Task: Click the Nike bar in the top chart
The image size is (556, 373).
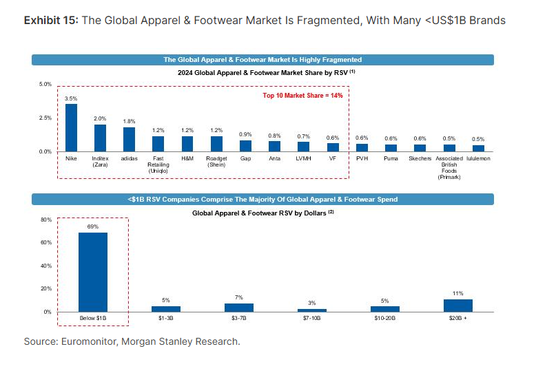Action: click(x=71, y=127)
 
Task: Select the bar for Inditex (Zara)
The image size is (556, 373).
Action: click(x=100, y=138)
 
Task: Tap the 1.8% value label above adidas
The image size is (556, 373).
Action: click(x=129, y=121)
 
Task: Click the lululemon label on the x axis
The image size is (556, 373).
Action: click(x=478, y=159)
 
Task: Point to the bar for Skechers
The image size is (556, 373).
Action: click(x=420, y=147)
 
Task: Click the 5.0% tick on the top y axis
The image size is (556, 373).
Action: click(x=45, y=84)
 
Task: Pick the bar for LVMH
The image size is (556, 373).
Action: click(x=303, y=147)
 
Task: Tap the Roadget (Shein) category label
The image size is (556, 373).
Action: click(x=216, y=162)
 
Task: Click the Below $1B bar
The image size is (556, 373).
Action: click(x=92, y=272)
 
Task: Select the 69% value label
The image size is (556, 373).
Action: click(x=92, y=226)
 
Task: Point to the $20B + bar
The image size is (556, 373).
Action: click(x=458, y=306)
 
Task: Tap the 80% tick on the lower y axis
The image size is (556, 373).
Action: click(x=47, y=220)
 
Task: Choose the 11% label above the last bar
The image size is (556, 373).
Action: click(x=458, y=293)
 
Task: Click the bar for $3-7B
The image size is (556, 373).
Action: click(x=239, y=308)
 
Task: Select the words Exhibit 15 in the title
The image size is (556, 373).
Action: click(x=51, y=21)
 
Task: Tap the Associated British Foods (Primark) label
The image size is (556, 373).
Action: click(x=449, y=167)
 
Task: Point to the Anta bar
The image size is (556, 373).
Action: click(x=274, y=146)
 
